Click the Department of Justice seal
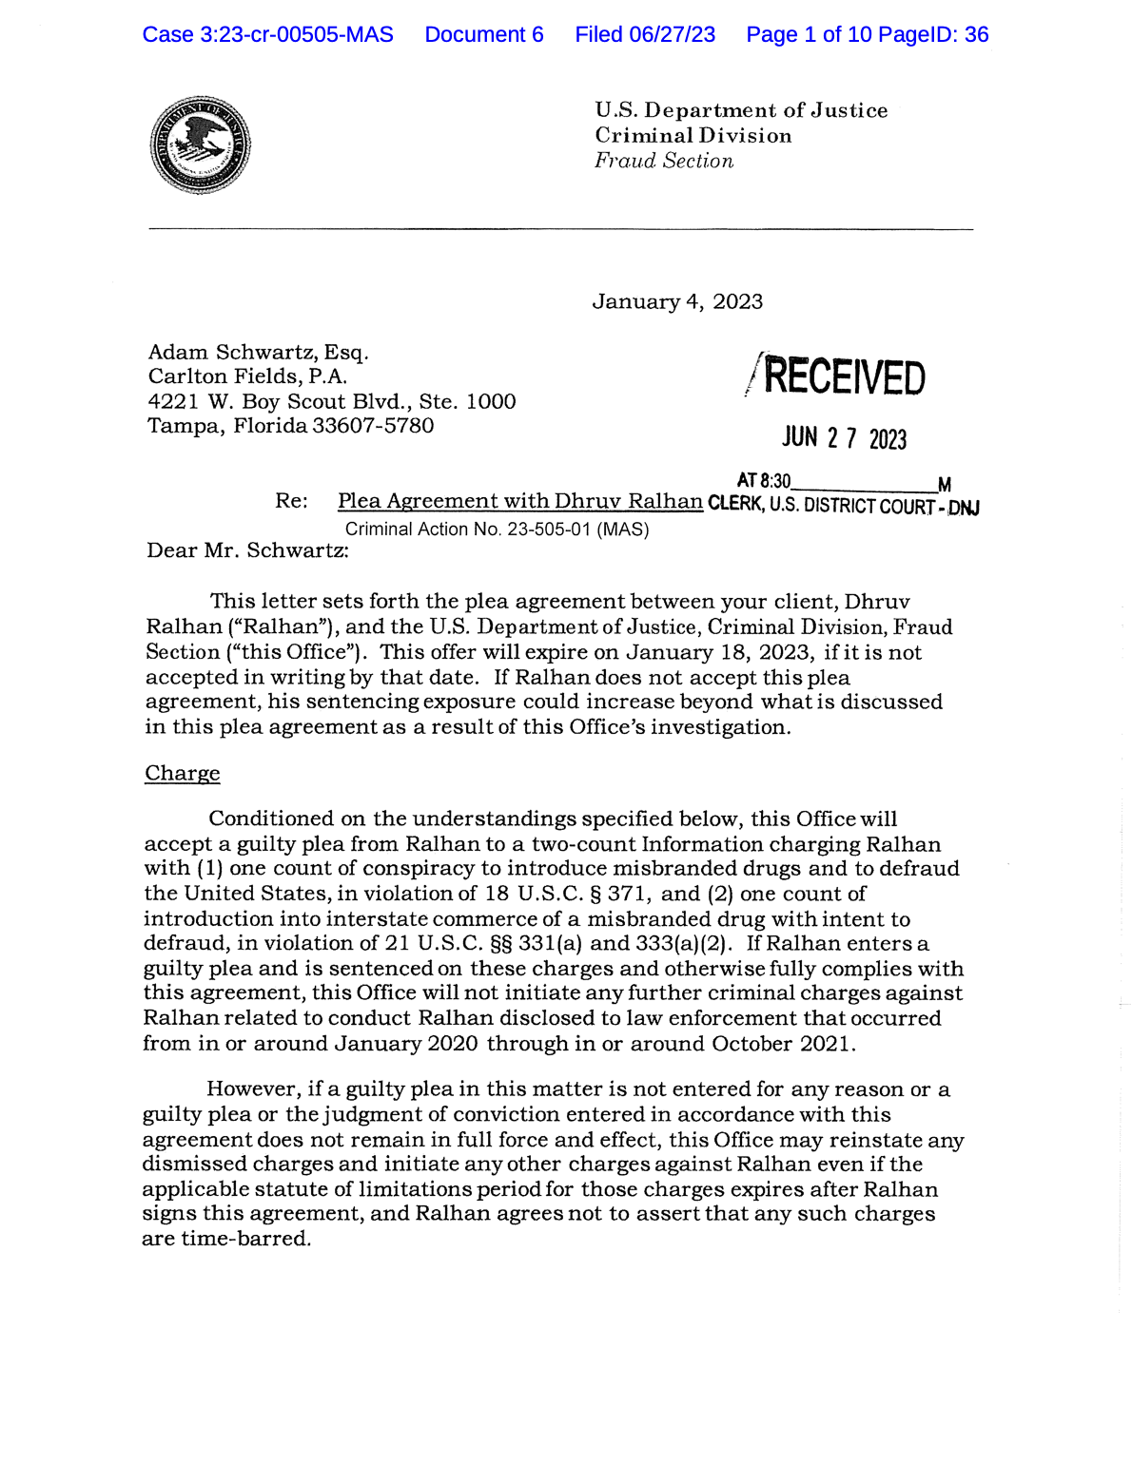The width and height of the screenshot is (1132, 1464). tap(200, 145)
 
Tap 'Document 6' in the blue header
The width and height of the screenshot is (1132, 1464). tap(484, 35)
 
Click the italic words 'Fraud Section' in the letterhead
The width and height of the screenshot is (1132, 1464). tap(664, 161)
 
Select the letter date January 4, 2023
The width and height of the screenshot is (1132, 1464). tap(677, 301)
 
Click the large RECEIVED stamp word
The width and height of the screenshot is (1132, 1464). tap(844, 377)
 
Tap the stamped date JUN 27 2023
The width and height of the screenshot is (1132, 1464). tap(844, 438)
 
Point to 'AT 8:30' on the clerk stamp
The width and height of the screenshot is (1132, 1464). tap(763, 482)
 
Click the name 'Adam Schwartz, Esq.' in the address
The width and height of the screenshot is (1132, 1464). tap(258, 353)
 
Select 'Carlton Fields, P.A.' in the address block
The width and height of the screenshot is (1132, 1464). tap(247, 376)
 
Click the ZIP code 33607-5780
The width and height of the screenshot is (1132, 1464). tap(373, 426)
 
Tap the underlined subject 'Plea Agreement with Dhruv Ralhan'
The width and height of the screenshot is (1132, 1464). tap(519, 501)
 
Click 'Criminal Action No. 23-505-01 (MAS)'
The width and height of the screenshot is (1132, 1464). tap(497, 530)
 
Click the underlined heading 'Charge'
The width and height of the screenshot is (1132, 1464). tap(182, 773)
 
